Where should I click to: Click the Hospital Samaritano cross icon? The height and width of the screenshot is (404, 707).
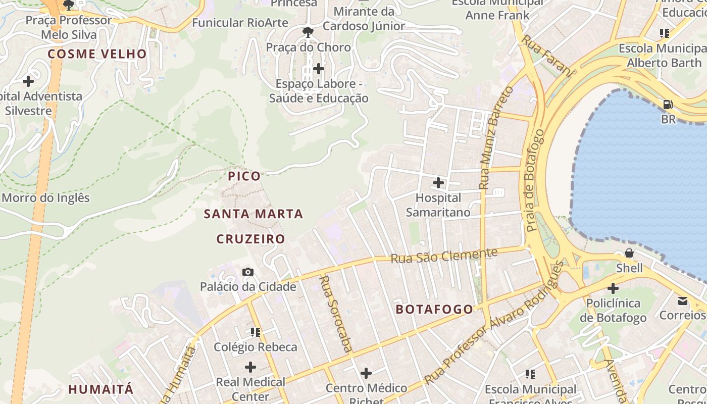pyautogui.click(x=438, y=183)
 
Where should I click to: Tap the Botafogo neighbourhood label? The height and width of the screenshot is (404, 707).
pyautogui.click(x=434, y=310)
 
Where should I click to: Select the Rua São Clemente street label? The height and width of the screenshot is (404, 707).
pyautogui.click(x=444, y=256)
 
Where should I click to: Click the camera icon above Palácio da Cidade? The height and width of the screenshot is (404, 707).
pyautogui.click(x=247, y=272)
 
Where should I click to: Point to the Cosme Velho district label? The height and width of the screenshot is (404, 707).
pyautogui.click(x=97, y=54)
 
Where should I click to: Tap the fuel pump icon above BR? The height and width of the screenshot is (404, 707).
pyautogui.click(x=668, y=105)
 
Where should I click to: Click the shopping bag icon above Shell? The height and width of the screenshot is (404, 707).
pyautogui.click(x=629, y=253)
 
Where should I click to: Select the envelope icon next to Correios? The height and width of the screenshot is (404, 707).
pyautogui.click(x=683, y=301)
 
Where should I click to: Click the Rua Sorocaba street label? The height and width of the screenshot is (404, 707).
pyautogui.click(x=336, y=313)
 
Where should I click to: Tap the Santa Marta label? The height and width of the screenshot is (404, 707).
pyautogui.click(x=253, y=214)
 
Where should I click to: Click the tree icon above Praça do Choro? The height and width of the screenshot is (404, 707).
pyautogui.click(x=308, y=33)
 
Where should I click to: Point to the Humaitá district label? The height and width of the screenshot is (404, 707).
pyautogui.click(x=101, y=389)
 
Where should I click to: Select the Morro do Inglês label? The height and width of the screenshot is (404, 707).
pyautogui.click(x=45, y=198)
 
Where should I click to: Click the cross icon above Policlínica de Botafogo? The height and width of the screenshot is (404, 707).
pyautogui.click(x=613, y=289)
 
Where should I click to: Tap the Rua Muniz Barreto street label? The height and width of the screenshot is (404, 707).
pyautogui.click(x=495, y=138)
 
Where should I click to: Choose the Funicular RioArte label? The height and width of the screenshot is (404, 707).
pyautogui.click(x=240, y=23)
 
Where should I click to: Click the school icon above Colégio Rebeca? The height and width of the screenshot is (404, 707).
pyautogui.click(x=256, y=332)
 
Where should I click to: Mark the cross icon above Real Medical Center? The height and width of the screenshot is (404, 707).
pyautogui.click(x=250, y=367)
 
